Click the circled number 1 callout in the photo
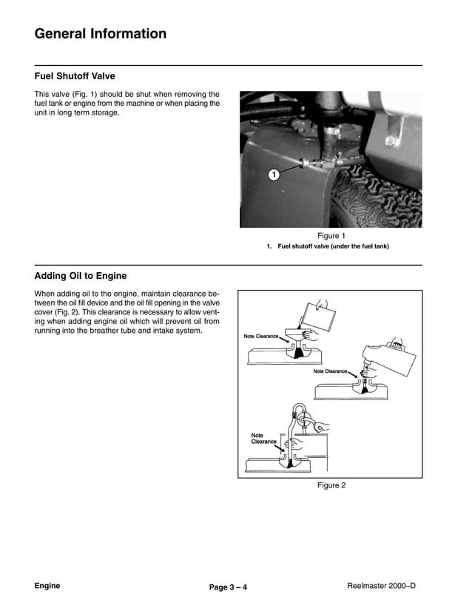273,175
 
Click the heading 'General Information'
101,34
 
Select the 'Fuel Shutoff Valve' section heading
75,76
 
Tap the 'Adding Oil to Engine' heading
81,276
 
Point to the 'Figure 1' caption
331,236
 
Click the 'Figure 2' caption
331,485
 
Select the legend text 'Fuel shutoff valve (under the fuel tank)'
333,246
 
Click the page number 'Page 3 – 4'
228,587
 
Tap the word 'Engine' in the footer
47,586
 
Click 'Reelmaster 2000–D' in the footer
381,586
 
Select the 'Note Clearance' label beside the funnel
261,337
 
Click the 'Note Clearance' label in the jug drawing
330,371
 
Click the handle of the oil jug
397,345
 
